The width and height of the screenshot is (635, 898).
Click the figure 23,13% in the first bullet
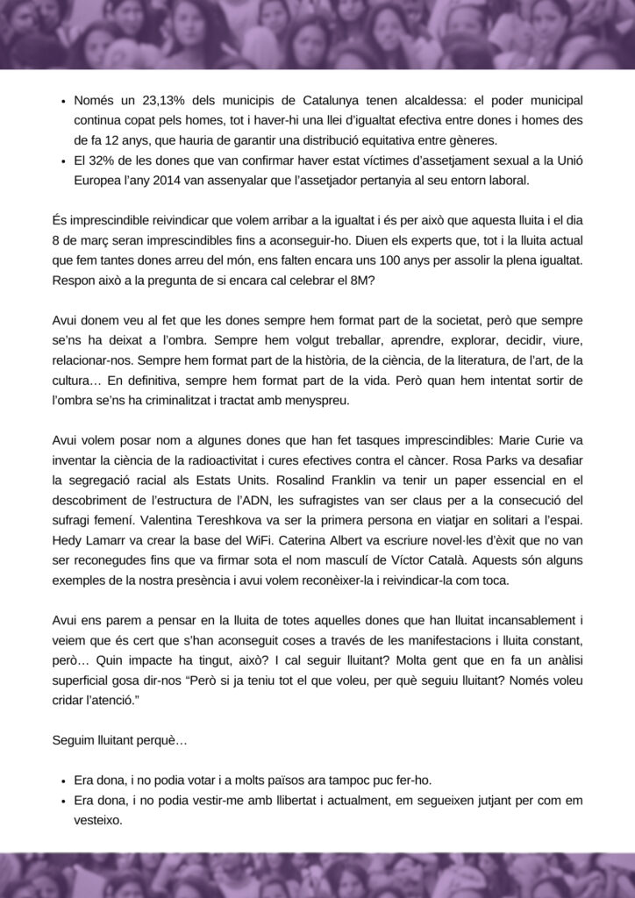(x=144, y=101)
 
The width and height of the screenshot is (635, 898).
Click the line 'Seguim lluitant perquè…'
(x=120, y=741)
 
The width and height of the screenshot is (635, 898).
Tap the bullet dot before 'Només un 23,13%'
(x=63, y=102)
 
